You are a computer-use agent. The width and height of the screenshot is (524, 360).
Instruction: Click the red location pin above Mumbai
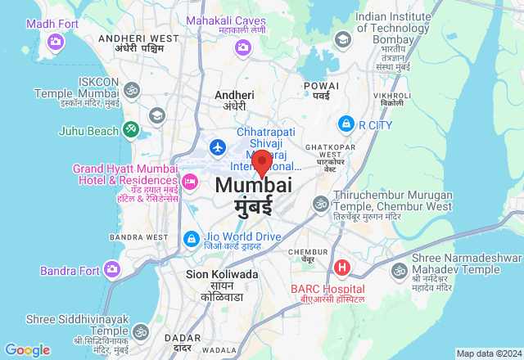coord(261,160)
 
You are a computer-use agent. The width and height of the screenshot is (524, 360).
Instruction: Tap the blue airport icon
coord(218,147)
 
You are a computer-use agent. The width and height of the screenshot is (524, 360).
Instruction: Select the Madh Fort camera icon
coord(56,41)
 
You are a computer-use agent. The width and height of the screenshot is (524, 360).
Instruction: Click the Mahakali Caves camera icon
coord(242,47)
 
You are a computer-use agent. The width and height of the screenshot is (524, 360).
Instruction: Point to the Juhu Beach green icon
coord(130,129)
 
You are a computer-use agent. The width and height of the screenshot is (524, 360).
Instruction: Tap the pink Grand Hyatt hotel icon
coord(190,180)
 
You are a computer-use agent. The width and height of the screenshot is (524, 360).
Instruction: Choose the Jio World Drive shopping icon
coord(190,238)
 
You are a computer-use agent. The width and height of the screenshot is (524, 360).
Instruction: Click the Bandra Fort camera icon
coord(111,269)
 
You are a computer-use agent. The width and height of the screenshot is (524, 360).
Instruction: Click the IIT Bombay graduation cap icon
coord(342,39)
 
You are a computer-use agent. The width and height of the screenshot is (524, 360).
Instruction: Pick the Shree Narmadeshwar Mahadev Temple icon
coord(400,270)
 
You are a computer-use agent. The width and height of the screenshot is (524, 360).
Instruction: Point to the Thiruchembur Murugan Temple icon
coord(320,202)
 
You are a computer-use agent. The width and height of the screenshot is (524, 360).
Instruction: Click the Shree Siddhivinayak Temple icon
coord(140,332)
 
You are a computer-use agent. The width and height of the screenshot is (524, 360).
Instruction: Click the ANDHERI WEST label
coord(138,38)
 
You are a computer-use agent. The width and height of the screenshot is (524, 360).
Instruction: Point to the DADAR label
coord(176,337)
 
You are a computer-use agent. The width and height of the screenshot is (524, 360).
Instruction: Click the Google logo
coord(27,350)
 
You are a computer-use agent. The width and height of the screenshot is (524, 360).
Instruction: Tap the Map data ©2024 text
coord(488,353)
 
